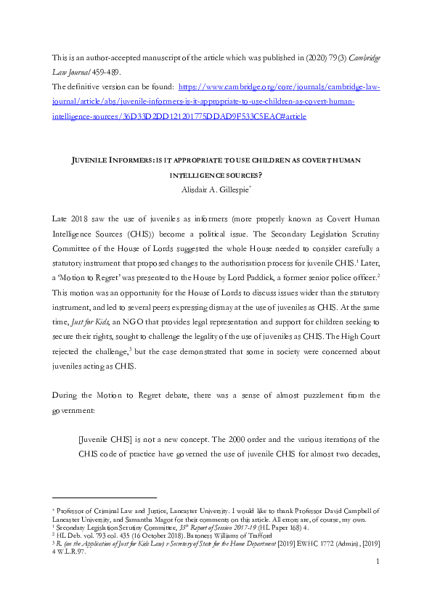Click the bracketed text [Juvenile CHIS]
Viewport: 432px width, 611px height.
tap(107, 438)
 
